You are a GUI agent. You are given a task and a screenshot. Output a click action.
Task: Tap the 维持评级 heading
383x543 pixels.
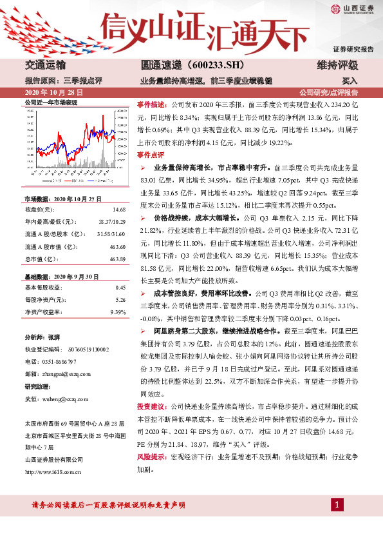[337, 66]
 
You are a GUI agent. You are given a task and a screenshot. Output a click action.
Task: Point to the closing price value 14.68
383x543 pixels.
[118, 210]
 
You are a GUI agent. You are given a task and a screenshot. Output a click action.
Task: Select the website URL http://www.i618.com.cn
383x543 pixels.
[53, 472]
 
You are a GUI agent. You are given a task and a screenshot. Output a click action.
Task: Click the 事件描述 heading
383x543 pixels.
[151, 104]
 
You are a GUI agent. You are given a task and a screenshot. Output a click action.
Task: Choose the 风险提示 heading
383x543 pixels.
[151, 457]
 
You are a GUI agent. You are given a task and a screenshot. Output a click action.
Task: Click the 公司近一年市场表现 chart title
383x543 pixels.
[50, 103]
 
